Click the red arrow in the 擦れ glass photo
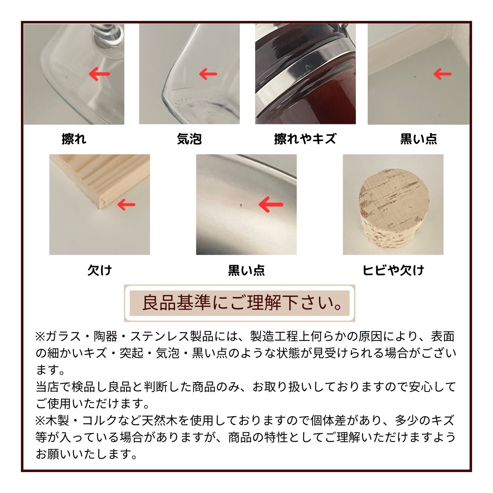(x=99, y=74)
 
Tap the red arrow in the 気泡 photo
(x=208, y=74)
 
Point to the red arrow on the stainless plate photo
(x=271, y=204)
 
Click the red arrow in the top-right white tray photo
(x=442, y=74)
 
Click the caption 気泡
(x=189, y=139)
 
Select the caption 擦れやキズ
(x=305, y=139)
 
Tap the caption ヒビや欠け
(x=393, y=270)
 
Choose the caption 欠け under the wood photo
(x=99, y=270)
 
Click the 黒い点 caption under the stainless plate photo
(x=246, y=270)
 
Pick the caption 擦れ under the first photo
(x=74, y=139)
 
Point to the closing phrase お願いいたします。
(x=87, y=454)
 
